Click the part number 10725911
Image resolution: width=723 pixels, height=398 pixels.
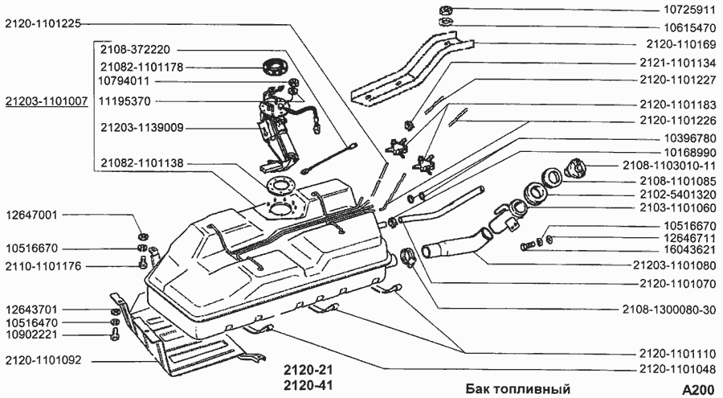681,10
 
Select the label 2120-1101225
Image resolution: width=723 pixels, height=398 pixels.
42,23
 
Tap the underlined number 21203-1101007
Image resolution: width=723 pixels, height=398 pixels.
46,104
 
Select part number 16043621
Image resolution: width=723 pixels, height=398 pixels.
681,249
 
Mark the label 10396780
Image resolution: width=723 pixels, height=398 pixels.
681,137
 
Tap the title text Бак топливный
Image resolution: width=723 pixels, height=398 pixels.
518,389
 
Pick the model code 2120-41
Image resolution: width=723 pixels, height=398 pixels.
308,385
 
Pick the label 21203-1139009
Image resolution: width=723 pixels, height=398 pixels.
142,127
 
